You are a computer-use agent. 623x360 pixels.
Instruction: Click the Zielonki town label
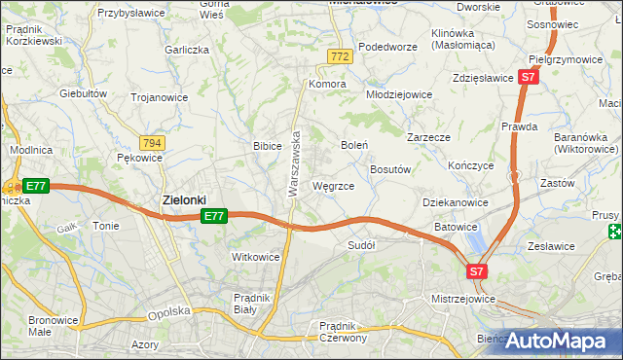pyautogui.click(x=183, y=200)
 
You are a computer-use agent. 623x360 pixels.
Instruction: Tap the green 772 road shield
pyautogui.click(x=339, y=57)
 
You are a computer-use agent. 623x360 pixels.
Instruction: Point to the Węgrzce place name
pyautogui.click(x=333, y=185)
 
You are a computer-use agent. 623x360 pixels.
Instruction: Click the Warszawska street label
pyautogui.click(x=293, y=164)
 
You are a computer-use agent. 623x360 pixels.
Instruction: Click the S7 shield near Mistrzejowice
pyautogui.click(x=476, y=271)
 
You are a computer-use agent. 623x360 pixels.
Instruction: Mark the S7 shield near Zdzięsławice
pyautogui.click(x=528, y=76)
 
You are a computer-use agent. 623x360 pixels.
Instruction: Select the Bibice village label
pyautogui.click(x=267, y=146)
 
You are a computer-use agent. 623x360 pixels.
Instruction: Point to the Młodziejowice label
pyautogui.click(x=398, y=94)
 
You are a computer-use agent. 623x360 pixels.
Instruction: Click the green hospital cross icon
pyautogui.click(x=614, y=232)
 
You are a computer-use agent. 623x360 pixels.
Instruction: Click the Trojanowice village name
pyautogui.click(x=158, y=96)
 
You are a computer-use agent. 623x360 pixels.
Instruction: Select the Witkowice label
pyautogui.click(x=256, y=257)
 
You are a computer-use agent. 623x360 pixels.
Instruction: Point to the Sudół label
pyautogui.click(x=361, y=245)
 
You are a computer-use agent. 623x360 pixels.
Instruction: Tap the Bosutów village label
pyautogui.click(x=392, y=169)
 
